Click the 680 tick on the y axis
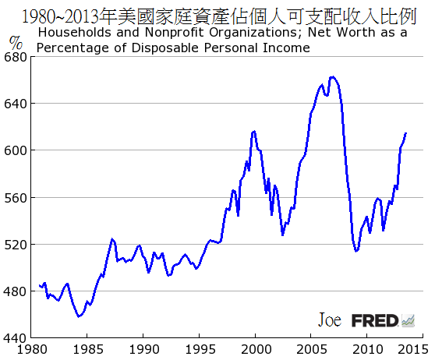[x=16, y=57]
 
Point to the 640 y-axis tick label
[x=16, y=104]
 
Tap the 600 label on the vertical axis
[x=16, y=150]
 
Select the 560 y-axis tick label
[x=16, y=198]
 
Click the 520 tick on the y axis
[x=16, y=245]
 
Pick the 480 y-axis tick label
[x=16, y=291]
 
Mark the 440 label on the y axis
[x=16, y=338]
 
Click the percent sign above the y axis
[x=16, y=42]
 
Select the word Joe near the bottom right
[x=330, y=320]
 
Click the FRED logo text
[x=375, y=320]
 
